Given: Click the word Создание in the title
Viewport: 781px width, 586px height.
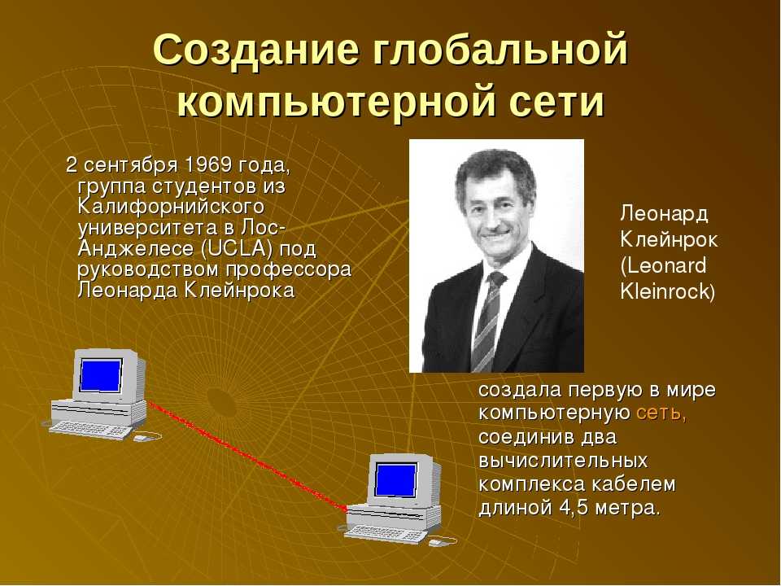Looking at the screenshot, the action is pos(255,50).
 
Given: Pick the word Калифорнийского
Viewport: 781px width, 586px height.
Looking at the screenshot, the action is pos(171,207).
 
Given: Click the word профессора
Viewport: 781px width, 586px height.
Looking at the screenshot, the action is pos(289,269).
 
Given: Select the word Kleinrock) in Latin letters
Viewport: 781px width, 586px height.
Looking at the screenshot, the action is pos(667,291).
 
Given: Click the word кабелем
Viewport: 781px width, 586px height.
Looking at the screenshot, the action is pos(633,483).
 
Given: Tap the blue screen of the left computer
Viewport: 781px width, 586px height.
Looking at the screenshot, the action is pos(101,375).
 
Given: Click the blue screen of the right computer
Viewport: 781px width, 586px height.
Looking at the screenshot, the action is pos(396,480).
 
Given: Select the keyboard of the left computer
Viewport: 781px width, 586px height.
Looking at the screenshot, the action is pos(89,430).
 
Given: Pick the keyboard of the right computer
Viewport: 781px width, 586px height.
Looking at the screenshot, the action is pos(385,535).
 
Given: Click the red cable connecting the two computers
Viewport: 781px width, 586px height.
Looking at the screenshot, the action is pos(247,456).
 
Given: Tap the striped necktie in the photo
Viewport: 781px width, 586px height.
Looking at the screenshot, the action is pos(486,323).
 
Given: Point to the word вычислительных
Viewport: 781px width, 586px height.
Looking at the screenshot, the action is pos(563,460).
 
